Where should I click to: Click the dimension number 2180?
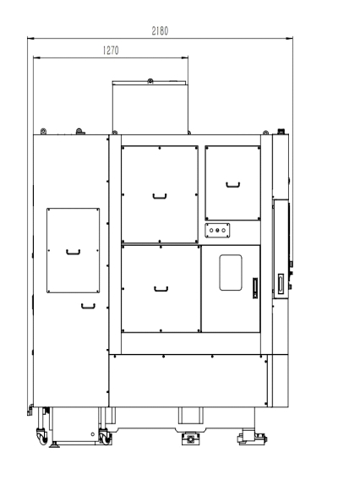pos(160,31)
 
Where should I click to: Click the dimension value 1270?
pos(111,50)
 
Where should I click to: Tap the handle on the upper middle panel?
pos(160,197)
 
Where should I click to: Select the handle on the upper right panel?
pos(233,185)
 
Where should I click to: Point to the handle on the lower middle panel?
pos(161,290)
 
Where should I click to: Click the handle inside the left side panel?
pos(74,253)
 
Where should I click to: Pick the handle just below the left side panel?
pos(88,307)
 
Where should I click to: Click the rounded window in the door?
pos(231,273)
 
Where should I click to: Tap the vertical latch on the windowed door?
pos(255,288)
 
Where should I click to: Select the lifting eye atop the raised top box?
pos(150,81)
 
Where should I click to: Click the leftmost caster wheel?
pos(42,437)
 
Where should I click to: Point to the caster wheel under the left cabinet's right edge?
pos(105,437)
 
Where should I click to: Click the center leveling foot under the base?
pos(190,439)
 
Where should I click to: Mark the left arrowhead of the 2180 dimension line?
pos(30,38)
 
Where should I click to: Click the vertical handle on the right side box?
pos(281,284)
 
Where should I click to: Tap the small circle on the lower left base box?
pos(92,434)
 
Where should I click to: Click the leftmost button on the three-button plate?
pos(211,231)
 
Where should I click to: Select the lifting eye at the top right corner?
pos(265,133)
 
